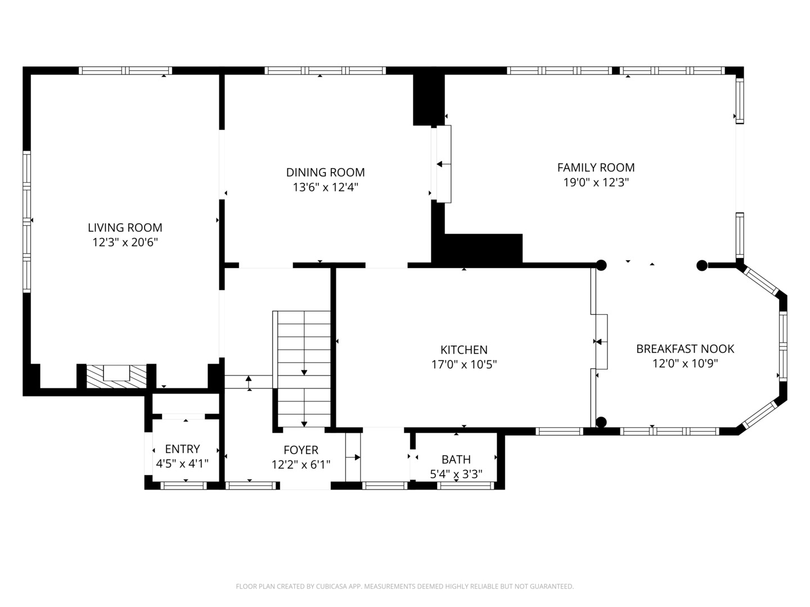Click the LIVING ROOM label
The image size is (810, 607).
pyautogui.click(x=125, y=228)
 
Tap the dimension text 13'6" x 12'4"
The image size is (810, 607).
pyautogui.click(x=325, y=187)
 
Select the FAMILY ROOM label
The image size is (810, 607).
pyautogui.click(x=596, y=167)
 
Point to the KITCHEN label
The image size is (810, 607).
pyautogui.click(x=463, y=350)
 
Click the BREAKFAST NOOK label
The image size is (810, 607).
pyautogui.click(x=685, y=349)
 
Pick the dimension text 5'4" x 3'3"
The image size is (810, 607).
pyautogui.click(x=456, y=474)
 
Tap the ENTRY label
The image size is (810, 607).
pyautogui.click(x=182, y=449)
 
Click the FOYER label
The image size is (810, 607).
pyautogui.click(x=300, y=450)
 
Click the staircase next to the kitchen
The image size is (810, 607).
pyautogui.click(x=304, y=368)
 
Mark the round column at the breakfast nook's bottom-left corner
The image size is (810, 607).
pyautogui.click(x=601, y=422)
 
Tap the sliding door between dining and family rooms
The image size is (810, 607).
pyautogui.click(x=444, y=164)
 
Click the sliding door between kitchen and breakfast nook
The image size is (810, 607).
pyautogui.click(x=601, y=341)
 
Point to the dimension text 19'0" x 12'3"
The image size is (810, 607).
pyautogui.click(x=596, y=183)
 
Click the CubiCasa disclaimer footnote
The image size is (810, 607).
pyautogui.click(x=404, y=586)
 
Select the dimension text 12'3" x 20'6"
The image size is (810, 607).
pyautogui.click(x=125, y=243)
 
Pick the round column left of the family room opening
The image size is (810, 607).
pyautogui.click(x=601, y=265)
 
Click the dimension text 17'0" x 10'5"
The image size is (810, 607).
pyautogui.click(x=463, y=365)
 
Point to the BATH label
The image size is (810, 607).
pyautogui.click(x=456, y=459)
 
